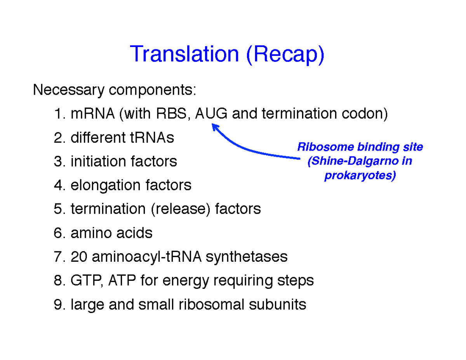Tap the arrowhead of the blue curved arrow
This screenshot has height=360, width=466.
point(215,127)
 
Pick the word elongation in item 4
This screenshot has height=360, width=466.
point(106,186)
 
